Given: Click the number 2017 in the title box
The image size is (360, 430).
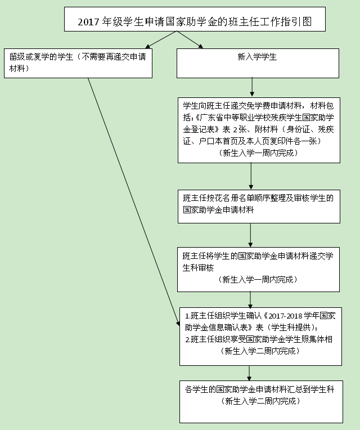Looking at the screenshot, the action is (88, 22).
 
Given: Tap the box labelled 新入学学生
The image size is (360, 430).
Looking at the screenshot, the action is (258, 64).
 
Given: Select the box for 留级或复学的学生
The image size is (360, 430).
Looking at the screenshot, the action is (78, 64).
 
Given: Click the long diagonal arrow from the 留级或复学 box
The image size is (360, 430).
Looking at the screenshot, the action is (134, 202).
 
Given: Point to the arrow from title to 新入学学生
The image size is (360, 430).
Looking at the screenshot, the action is (190, 39).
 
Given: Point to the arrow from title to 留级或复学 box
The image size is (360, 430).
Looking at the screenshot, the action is (161, 39).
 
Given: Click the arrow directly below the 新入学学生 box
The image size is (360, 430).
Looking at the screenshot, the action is (252, 87).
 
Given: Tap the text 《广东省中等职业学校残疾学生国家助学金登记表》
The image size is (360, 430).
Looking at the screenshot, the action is (258, 123).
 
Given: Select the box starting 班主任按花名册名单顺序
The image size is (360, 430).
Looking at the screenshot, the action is (259, 207).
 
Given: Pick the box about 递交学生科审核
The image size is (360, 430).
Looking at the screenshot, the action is (258, 270).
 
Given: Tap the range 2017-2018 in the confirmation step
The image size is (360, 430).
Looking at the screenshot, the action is (286, 316).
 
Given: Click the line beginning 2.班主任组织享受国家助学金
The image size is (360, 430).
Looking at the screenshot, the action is (259, 339).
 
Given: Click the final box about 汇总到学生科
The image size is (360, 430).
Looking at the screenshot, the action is (261, 402).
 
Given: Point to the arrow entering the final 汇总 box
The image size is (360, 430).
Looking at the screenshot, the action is (249, 373).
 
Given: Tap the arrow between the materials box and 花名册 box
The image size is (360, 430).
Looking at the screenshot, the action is (251, 176).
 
